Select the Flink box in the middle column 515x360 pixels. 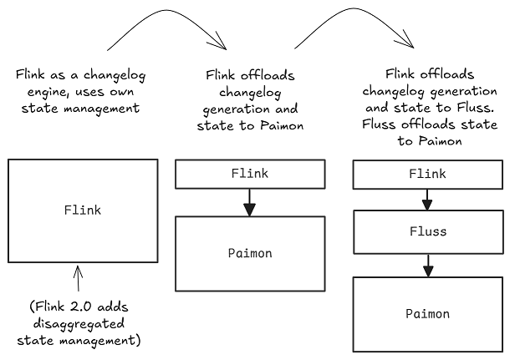pyautogui.click(x=249, y=174)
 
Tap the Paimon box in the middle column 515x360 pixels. pyautogui.click(x=249, y=253)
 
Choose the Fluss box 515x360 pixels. pyautogui.click(x=428, y=231)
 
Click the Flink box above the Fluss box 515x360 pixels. pyautogui.click(x=428, y=174)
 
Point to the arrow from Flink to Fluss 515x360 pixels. pyautogui.click(x=428, y=199)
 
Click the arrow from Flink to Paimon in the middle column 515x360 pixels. pyautogui.click(x=249, y=201)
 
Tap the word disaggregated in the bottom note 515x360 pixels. pyautogui.click(x=79, y=322)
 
